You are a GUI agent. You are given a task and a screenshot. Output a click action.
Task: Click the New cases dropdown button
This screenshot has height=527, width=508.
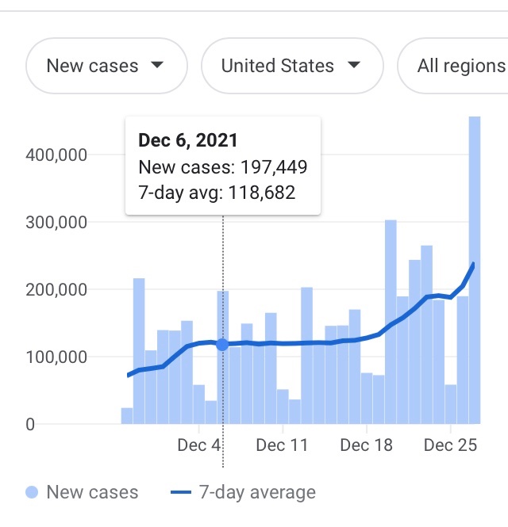(106, 66)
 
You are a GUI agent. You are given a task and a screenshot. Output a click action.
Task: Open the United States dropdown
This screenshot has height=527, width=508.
(291, 66)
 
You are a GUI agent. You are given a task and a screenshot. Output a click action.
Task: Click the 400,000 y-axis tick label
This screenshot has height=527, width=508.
(56, 155)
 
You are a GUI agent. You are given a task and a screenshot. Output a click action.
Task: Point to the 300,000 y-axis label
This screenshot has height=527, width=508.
(56, 222)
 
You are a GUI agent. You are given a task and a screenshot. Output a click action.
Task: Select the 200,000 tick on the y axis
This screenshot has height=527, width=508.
(56, 289)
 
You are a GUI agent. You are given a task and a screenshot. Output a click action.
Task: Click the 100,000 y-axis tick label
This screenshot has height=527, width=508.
(56, 357)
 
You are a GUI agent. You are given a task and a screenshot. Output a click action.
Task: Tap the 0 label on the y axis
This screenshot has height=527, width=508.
(29, 424)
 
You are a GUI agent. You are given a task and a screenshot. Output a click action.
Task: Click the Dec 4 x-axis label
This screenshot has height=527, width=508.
(198, 445)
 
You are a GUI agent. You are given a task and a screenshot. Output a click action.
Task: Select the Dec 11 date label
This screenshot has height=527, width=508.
(282, 445)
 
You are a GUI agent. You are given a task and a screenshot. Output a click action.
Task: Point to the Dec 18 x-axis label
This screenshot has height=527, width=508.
(366, 445)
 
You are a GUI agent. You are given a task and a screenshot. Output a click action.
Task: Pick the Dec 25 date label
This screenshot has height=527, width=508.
(451, 445)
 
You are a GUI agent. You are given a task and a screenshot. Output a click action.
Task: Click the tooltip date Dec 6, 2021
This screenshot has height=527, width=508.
(188, 141)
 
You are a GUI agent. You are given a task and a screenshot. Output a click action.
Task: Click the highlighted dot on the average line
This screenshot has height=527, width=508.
(222, 345)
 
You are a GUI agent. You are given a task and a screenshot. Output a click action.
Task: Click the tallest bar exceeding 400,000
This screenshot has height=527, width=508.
(475, 269)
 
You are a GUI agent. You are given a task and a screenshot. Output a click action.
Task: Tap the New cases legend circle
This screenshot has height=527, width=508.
(32, 492)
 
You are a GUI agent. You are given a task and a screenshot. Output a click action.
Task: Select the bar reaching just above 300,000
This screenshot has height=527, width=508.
(391, 321)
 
